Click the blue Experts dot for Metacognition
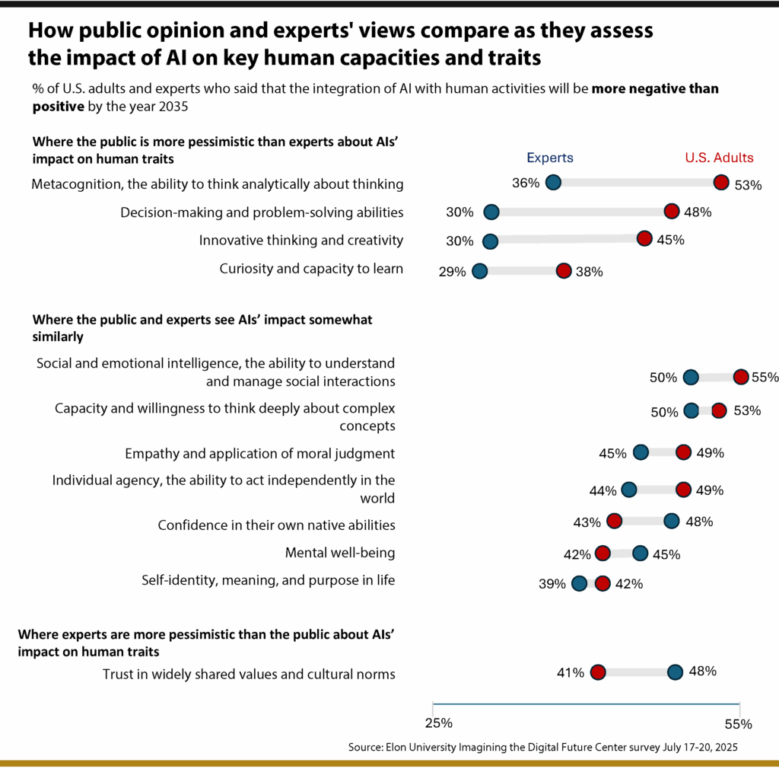(553, 182)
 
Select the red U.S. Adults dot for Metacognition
(721, 182)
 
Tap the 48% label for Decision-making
(697, 212)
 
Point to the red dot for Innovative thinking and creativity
(644, 239)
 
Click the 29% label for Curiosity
(452, 272)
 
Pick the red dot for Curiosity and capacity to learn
(563, 271)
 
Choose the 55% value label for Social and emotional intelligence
(764, 377)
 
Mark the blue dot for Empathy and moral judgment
(641, 453)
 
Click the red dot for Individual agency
(683, 490)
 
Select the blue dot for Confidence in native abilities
(672, 521)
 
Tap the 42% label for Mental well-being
(577, 554)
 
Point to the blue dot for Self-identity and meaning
(579, 584)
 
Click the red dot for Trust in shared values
(597, 672)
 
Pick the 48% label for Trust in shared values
(703, 672)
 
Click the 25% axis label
(438, 722)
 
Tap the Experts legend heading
(550, 158)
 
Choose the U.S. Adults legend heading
(719, 158)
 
